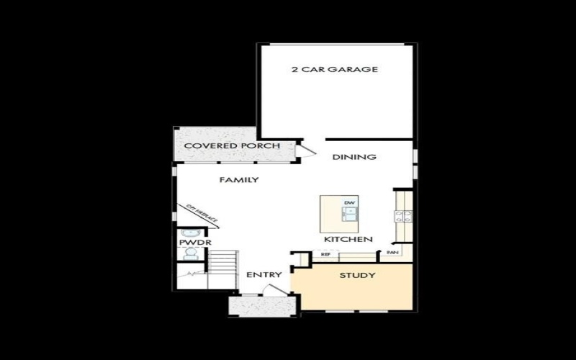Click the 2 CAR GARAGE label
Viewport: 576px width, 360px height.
[335, 70]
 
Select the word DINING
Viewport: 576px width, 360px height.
[354, 157]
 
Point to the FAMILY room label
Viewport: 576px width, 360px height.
[239, 180]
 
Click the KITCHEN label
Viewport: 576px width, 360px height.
[348, 239]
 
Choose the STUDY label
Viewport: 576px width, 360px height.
[357, 275]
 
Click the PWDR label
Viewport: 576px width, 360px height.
[189, 243]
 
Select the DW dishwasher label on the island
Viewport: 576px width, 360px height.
[349, 203]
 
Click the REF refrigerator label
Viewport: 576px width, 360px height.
[325, 254]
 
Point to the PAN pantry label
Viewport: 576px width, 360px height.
[392, 253]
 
